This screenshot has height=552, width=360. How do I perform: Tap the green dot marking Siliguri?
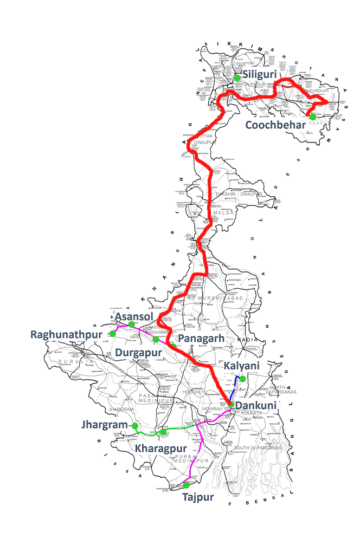[237, 78]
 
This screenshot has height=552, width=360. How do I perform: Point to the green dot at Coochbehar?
[312, 116]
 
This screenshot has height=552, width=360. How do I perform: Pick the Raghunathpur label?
[66, 334]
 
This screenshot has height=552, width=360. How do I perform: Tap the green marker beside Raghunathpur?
[113, 333]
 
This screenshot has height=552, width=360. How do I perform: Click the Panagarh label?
[201, 339]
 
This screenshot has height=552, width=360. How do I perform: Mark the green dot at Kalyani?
[243, 379]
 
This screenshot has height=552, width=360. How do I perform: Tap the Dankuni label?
[256, 405]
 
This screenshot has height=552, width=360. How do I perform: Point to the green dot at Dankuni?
[230, 404]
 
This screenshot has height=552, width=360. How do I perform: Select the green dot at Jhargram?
[134, 426]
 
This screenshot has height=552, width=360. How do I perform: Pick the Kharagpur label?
[161, 449]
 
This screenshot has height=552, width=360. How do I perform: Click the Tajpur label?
[198, 497]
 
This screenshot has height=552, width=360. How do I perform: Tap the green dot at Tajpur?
[186, 485]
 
